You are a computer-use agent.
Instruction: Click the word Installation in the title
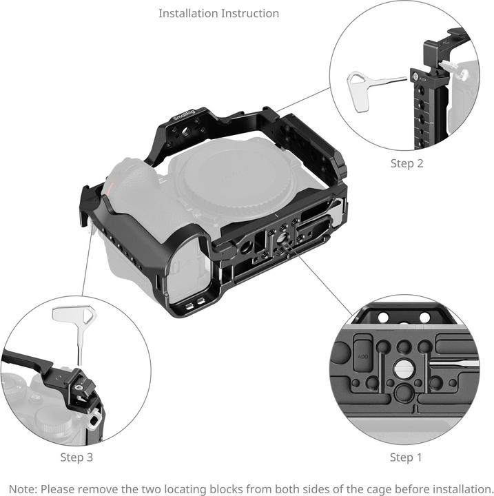(x=184, y=13)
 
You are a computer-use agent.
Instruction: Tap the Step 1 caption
(x=406, y=457)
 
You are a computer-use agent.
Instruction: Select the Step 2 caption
(x=406, y=163)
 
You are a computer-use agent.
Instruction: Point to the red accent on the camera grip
(x=108, y=189)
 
